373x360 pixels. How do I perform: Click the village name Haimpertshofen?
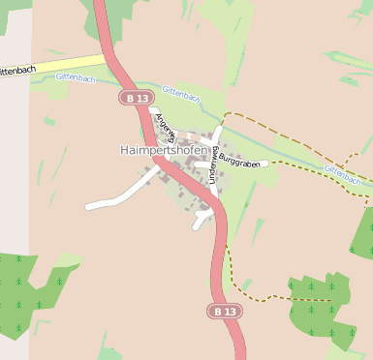164,150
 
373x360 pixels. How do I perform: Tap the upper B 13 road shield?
137,98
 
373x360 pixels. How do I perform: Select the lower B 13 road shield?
224,311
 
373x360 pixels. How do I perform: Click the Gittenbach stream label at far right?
343,174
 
